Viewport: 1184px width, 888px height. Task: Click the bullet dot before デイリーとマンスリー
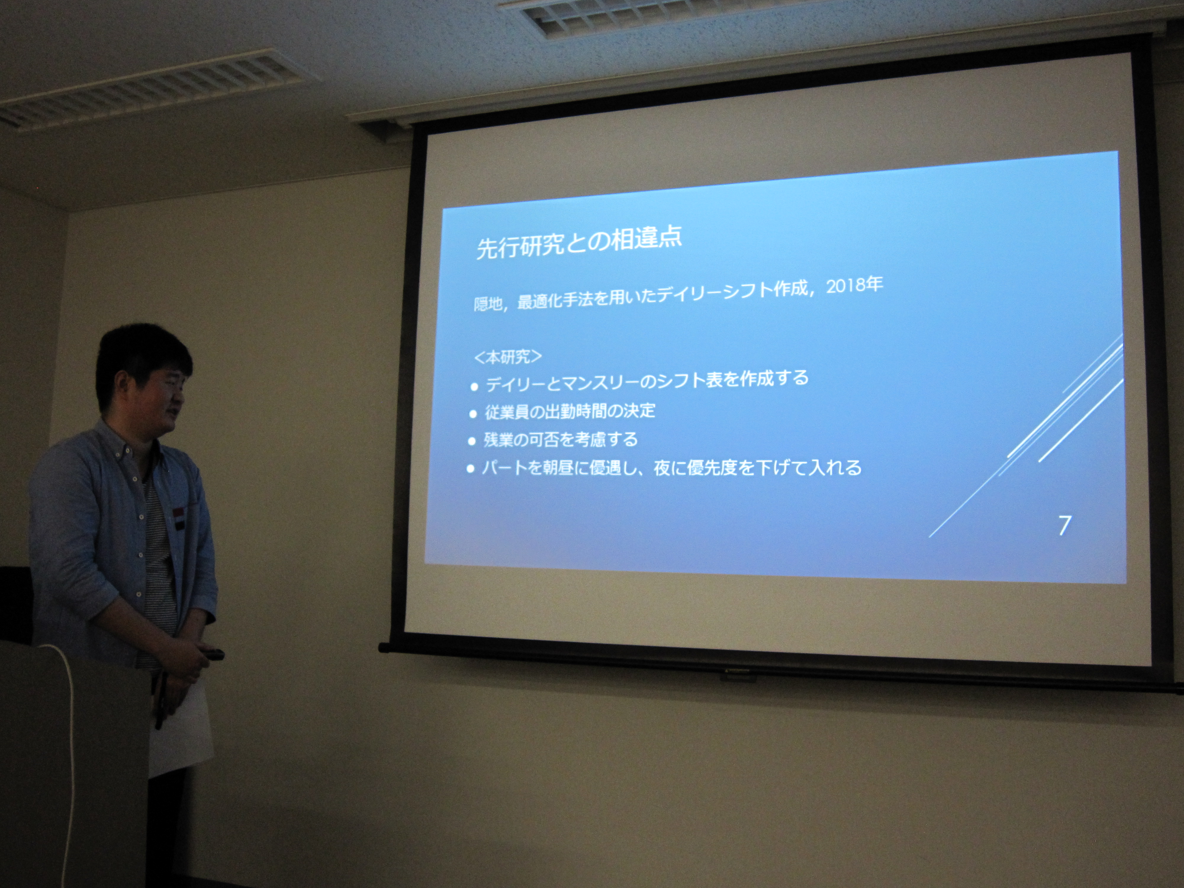[474, 387]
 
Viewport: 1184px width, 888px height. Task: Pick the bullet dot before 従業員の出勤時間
[473, 414]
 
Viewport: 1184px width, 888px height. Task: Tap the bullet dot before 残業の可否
[472, 442]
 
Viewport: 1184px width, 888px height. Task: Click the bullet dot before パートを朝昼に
[471, 469]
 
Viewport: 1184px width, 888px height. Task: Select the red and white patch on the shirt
[178, 518]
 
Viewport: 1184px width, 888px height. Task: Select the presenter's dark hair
[142, 356]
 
